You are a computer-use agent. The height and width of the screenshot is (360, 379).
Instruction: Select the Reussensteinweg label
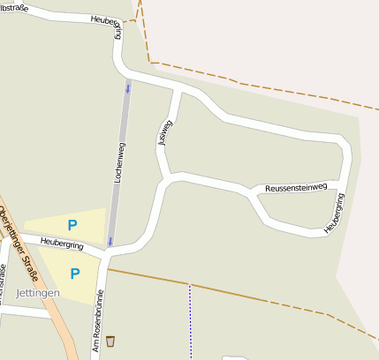point(296,187)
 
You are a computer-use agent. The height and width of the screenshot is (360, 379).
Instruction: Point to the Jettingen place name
point(38,292)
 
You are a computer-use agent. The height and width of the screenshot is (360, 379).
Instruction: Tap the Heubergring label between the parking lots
point(61,244)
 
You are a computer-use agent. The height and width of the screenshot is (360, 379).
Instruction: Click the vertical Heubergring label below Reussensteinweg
point(333,214)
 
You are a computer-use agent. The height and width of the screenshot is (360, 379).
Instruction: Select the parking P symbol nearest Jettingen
point(75,274)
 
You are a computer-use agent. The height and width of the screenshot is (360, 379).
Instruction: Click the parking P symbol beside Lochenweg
point(72,225)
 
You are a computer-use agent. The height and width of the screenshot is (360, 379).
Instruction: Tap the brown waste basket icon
point(110,341)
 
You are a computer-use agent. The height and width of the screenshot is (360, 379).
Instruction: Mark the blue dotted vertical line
point(190,322)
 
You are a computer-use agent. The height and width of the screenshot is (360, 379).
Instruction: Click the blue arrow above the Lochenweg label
point(127,88)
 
